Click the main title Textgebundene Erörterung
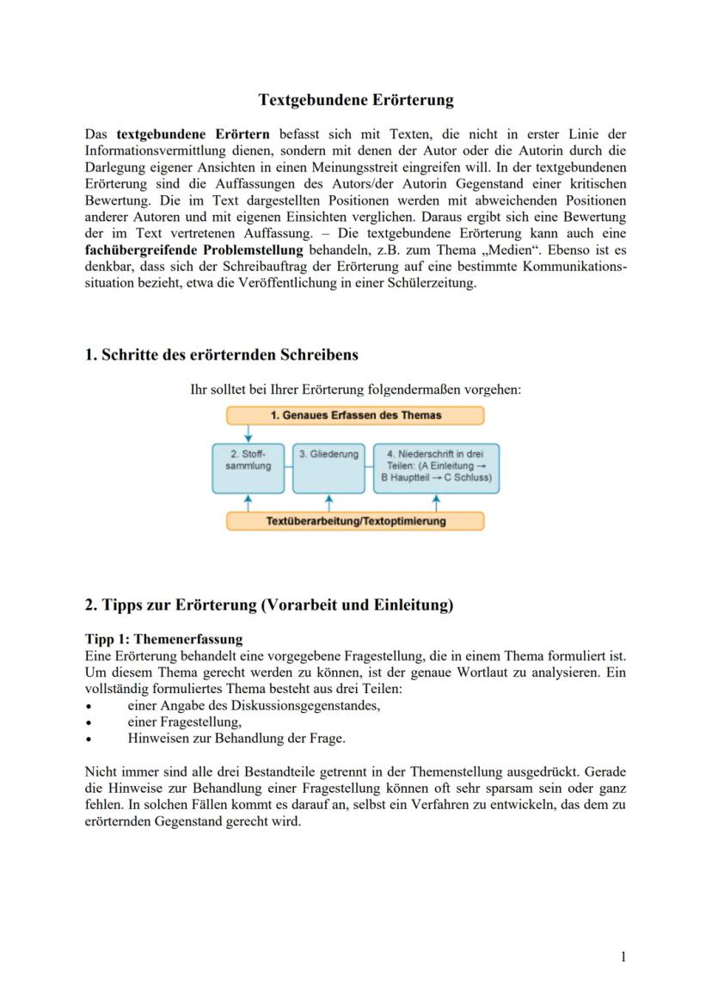(356, 100)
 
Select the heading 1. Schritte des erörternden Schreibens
(222, 354)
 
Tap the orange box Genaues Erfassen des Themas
(355, 415)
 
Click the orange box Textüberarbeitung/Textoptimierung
(355, 521)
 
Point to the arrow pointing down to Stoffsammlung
(248, 434)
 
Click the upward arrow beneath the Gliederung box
(328, 502)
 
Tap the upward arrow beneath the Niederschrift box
(436, 502)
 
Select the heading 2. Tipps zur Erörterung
(268, 605)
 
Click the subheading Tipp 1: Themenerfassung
(163, 639)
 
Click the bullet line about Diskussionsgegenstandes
(254, 705)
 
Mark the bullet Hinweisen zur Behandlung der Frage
(236, 738)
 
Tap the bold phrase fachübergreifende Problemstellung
(195, 249)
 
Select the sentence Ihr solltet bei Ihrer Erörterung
(355, 389)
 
